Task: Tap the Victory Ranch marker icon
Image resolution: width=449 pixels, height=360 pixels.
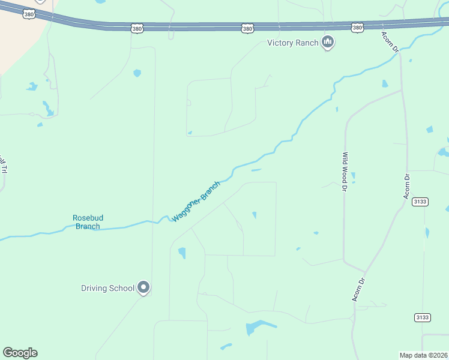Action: tap(327, 42)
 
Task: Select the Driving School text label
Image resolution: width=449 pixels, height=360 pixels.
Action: tap(108, 288)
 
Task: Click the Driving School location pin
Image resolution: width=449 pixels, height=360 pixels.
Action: tap(143, 287)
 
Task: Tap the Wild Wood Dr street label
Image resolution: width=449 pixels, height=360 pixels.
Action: tap(345, 172)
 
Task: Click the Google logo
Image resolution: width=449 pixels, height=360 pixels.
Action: tap(20, 353)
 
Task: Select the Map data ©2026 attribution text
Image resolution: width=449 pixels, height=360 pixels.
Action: tap(424, 355)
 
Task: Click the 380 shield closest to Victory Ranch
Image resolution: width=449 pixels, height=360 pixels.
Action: tap(247, 28)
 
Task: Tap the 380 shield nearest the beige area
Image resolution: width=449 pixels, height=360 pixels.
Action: tap(29, 13)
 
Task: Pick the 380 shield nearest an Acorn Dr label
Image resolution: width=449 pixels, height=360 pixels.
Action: tap(358, 28)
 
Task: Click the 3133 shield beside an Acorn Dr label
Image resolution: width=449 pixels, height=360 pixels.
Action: tap(420, 202)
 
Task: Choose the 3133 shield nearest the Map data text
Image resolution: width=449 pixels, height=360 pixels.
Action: tap(423, 317)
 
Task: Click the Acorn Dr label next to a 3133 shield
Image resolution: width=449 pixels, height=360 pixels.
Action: tap(406, 186)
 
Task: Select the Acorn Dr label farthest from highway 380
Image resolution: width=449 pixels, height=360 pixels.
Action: tap(358, 289)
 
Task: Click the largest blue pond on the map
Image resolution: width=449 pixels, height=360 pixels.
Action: tap(257, 327)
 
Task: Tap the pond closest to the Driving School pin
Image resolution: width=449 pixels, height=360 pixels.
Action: tap(182, 253)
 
